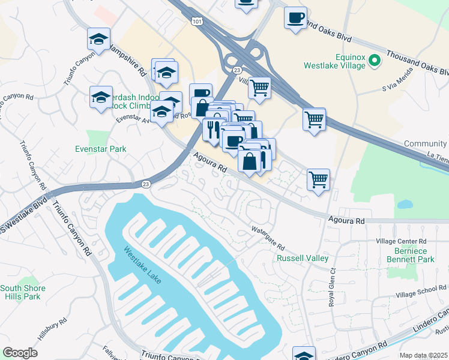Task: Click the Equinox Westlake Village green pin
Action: click(x=375, y=60)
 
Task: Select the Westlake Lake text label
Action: click(x=143, y=266)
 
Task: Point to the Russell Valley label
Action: click(x=302, y=258)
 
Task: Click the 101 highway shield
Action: click(x=197, y=21)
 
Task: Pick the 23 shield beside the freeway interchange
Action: click(x=235, y=70)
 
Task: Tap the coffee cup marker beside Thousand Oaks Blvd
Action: click(x=295, y=17)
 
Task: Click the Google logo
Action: click(x=20, y=353)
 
